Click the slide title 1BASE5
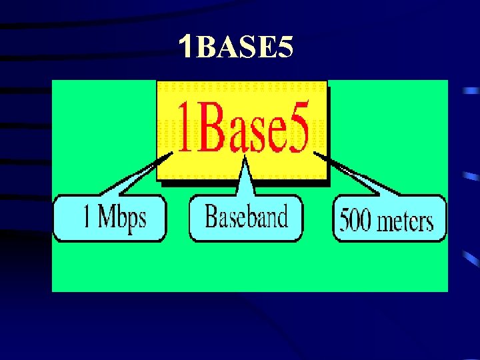pyautogui.click(x=236, y=47)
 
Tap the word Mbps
pyautogui.click(x=123, y=217)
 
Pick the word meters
pyautogui.click(x=407, y=221)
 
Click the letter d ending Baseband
pyautogui.click(x=283, y=216)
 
